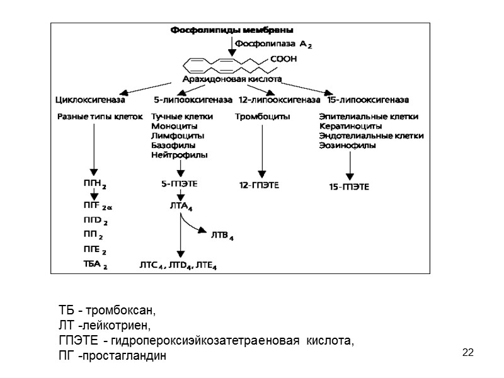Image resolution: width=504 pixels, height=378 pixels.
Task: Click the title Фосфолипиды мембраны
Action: (232, 29)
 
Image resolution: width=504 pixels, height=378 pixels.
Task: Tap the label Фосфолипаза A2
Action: (271, 44)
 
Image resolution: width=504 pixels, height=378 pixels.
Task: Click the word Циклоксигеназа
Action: (91, 99)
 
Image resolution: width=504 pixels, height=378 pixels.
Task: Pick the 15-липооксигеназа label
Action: (368, 99)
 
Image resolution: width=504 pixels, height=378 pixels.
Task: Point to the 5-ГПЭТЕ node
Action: (180, 184)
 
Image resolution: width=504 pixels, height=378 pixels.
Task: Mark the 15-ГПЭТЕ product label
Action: (349, 186)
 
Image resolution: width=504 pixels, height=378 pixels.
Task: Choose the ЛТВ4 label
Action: (220, 237)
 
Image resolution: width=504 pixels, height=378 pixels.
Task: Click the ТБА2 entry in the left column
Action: (95, 265)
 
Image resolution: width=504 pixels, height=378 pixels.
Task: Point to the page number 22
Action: (467, 352)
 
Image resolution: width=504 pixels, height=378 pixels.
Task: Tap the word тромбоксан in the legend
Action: (120, 312)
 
